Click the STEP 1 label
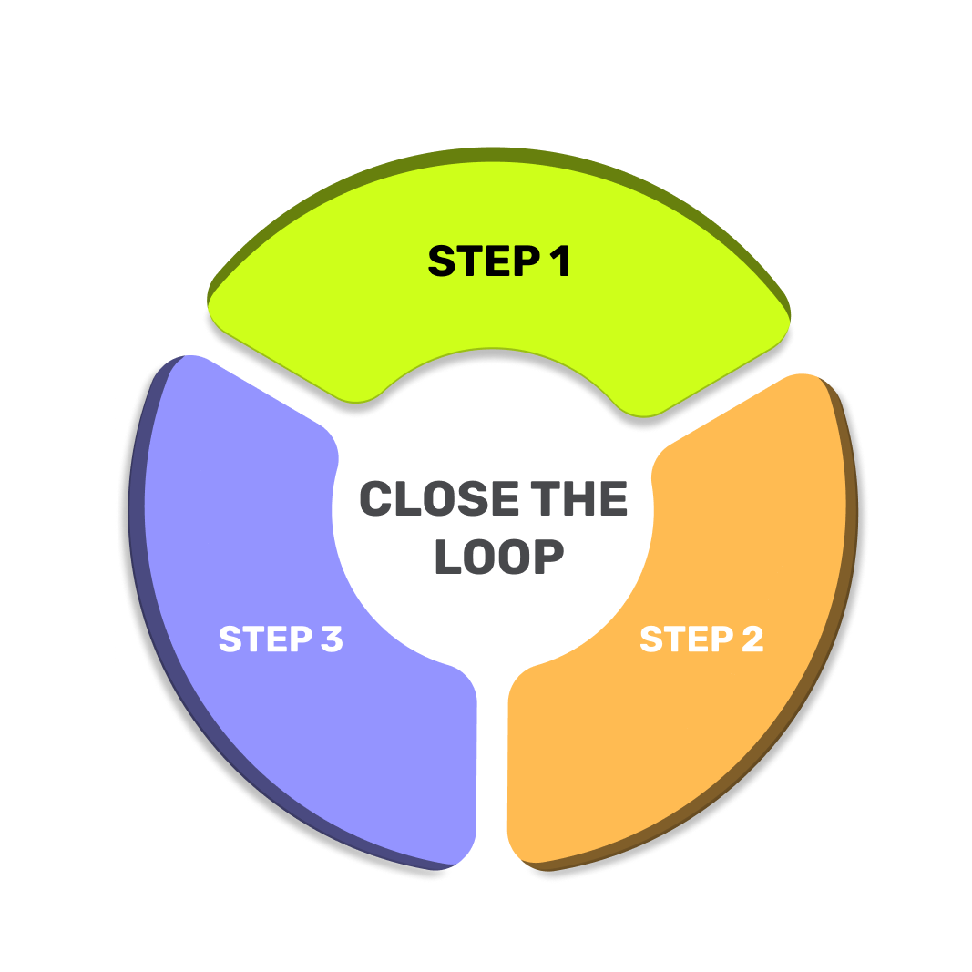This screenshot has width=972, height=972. tap(499, 261)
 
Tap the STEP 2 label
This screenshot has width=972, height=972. tap(701, 639)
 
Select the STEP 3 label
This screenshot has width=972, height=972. tap(281, 639)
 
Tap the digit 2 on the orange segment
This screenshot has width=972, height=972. tap(752, 639)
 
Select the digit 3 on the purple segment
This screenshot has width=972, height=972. tap(331, 639)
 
